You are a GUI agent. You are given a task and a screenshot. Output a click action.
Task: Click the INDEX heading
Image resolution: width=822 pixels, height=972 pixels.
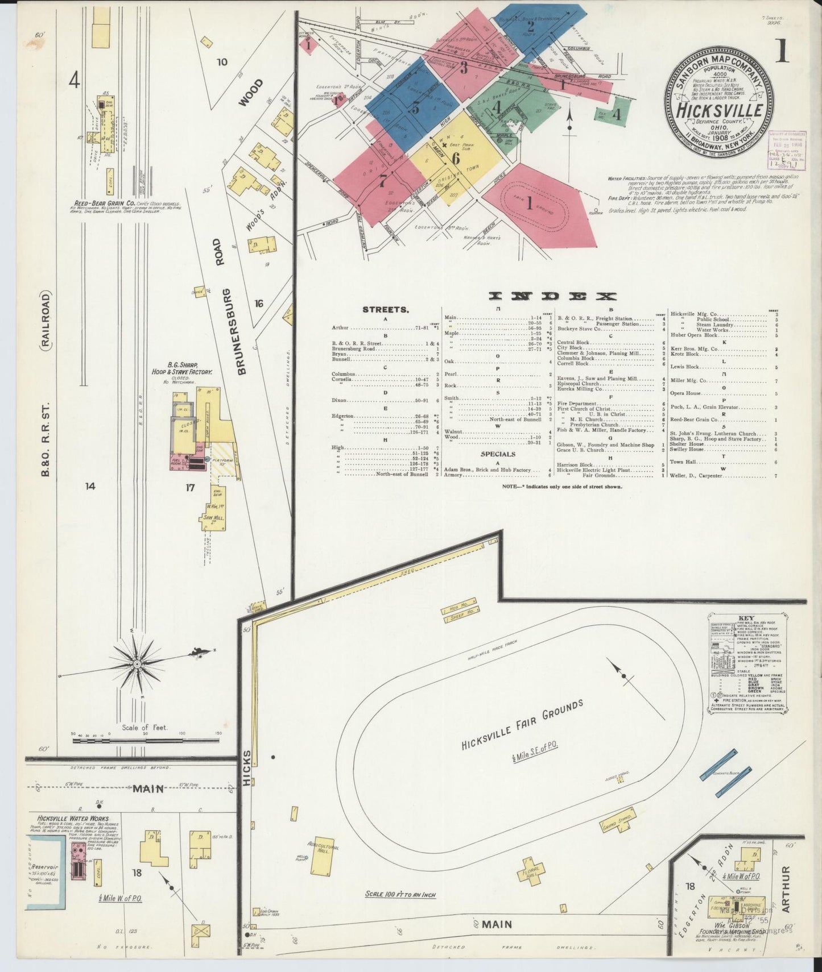tap(552, 296)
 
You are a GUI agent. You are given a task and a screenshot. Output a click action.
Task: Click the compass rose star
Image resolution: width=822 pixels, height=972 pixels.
tap(137, 663)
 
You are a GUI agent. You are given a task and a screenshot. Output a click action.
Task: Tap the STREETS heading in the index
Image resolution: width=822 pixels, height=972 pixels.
tap(385, 310)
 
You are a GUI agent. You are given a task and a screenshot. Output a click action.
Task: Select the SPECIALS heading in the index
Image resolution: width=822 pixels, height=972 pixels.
tap(498, 454)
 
